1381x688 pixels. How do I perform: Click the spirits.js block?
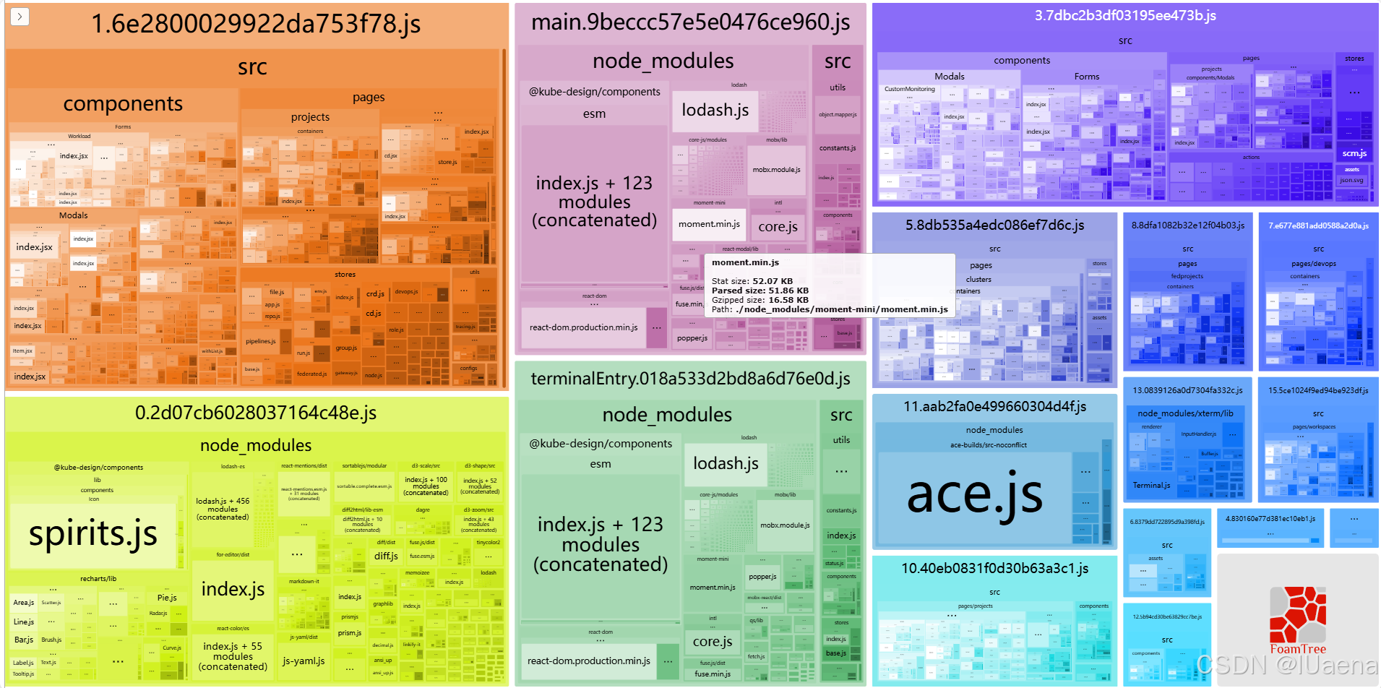[x=93, y=535]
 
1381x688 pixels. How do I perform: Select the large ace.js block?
[x=974, y=495]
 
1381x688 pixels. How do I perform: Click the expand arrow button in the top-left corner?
[x=20, y=17]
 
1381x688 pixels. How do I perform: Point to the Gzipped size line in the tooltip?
[x=760, y=300]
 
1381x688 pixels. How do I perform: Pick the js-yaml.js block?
[x=304, y=661]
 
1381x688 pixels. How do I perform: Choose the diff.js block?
[x=386, y=556]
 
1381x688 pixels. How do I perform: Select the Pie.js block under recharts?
[x=167, y=598]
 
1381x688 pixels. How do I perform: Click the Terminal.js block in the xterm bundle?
[x=1151, y=486]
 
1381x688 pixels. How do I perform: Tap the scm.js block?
[x=1354, y=153]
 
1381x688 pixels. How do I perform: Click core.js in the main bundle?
[x=778, y=227]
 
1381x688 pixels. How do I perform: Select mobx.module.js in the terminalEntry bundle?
[x=785, y=525]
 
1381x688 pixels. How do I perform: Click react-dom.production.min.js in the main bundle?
[x=583, y=327]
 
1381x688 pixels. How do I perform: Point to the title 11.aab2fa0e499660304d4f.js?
[x=994, y=407]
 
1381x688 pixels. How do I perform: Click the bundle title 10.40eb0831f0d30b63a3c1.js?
[x=994, y=569]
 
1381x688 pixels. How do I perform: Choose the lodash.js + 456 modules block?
[x=223, y=509]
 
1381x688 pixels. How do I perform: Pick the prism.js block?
[x=350, y=633]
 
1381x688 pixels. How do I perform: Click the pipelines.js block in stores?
[x=260, y=341]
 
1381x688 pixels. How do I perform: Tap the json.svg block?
[x=1351, y=180]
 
